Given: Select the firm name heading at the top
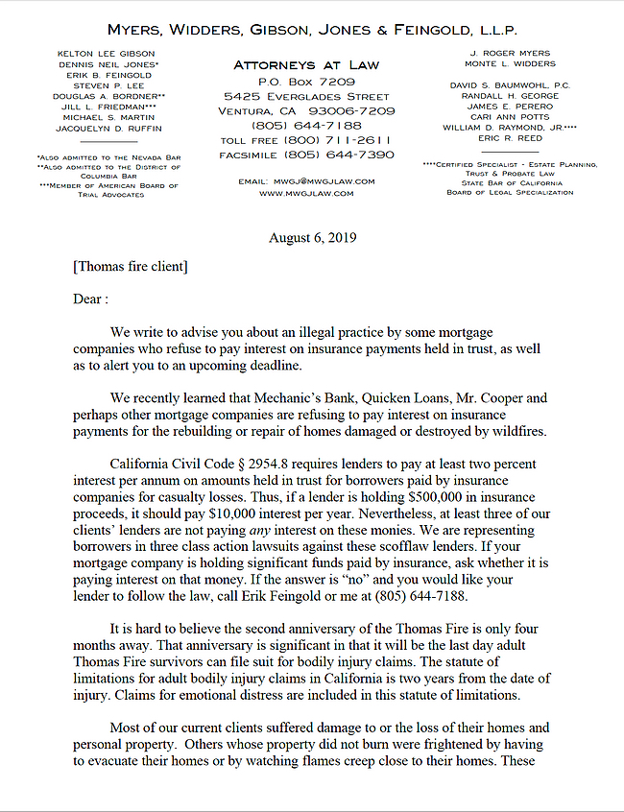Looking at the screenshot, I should tap(313, 30).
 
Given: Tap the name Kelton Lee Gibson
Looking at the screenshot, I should tap(106, 54).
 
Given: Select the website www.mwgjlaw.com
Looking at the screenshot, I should tap(306, 193).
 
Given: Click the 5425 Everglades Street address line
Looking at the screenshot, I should tap(306, 97).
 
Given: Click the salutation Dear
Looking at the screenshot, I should tap(89, 299).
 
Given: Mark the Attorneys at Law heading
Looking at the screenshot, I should tap(306, 65).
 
